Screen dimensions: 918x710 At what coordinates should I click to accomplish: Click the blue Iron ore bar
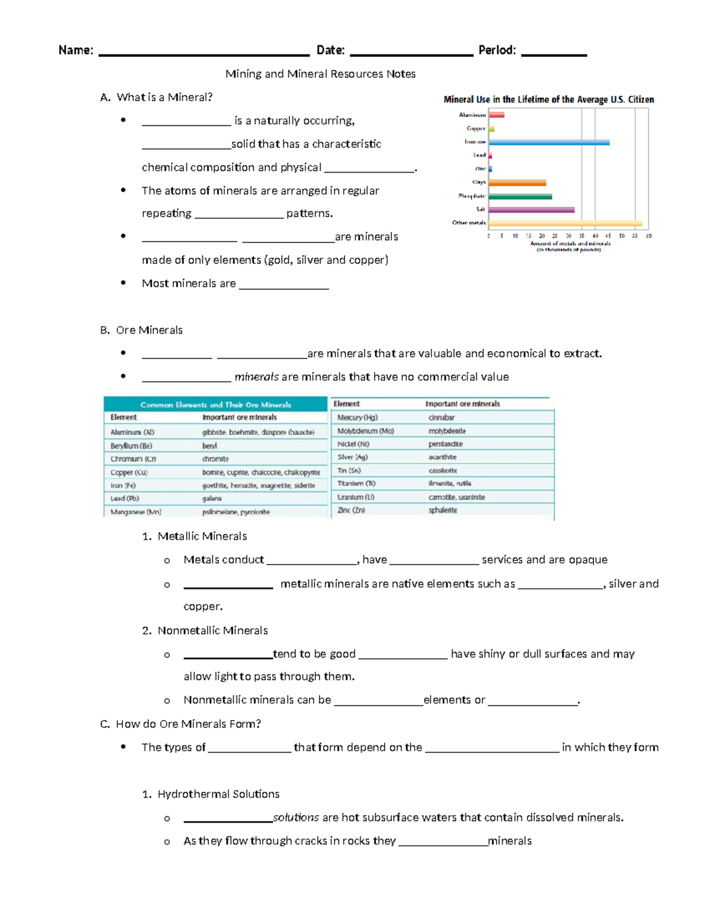(x=548, y=142)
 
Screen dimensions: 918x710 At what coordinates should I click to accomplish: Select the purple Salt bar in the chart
(x=531, y=210)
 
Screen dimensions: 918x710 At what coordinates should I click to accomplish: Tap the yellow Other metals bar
(x=565, y=223)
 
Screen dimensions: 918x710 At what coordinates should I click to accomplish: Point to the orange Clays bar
(x=517, y=183)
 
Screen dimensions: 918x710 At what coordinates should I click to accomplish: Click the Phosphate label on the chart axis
(x=472, y=196)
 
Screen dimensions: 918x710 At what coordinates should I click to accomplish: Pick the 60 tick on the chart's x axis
(x=648, y=236)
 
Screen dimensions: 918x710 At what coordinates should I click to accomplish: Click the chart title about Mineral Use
(x=548, y=99)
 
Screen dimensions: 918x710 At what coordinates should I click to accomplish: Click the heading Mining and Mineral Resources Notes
(x=320, y=74)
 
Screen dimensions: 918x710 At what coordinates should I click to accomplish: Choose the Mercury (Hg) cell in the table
(x=357, y=417)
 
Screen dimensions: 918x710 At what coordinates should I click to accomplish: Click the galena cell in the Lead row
(x=212, y=499)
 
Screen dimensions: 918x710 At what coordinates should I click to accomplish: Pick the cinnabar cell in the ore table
(x=441, y=417)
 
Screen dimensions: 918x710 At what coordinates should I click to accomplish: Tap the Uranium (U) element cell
(x=356, y=497)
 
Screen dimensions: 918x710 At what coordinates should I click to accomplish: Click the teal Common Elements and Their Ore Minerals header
(x=215, y=405)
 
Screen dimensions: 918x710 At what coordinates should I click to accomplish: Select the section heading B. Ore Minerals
(x=141, y=330)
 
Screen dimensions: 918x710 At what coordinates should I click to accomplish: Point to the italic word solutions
(x=296, y=818)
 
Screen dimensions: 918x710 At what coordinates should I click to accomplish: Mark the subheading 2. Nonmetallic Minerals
(x=205, y=631)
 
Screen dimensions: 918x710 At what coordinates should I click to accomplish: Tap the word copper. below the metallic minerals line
(x=203, y=606)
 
